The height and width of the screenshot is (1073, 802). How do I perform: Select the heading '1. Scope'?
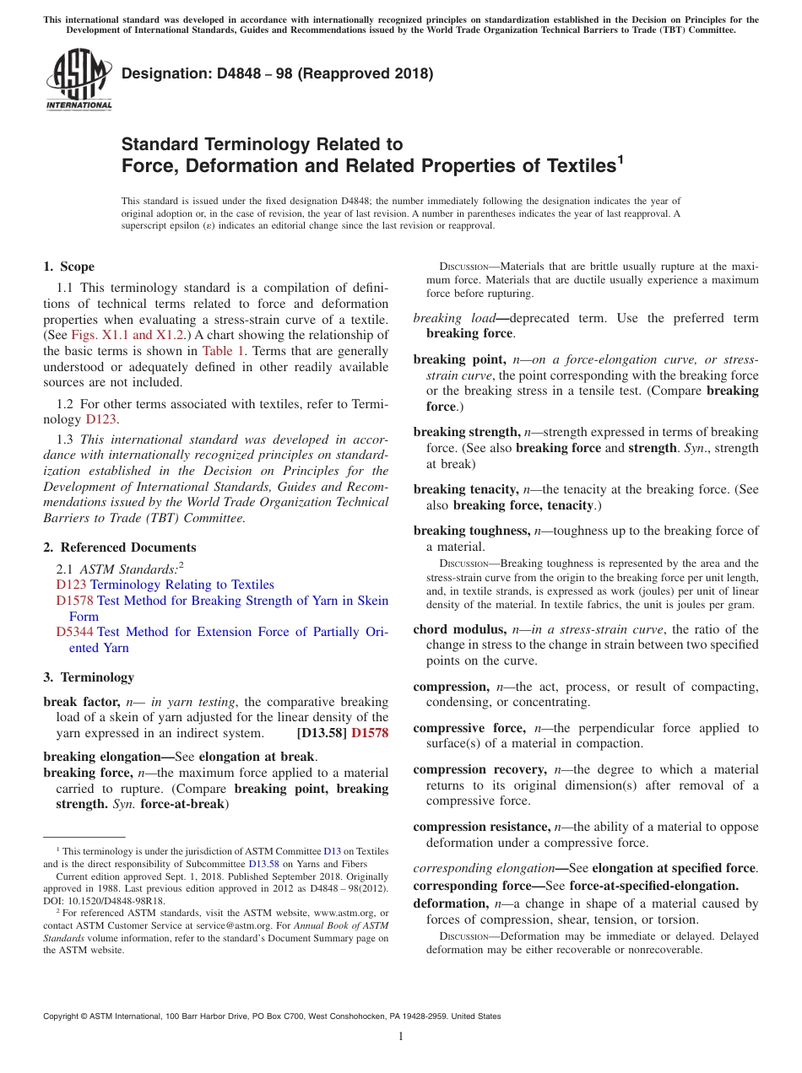coord(68,267)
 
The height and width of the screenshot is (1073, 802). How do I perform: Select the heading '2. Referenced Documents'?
coord(119,547)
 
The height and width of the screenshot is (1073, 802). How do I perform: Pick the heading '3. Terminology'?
coord(88,677)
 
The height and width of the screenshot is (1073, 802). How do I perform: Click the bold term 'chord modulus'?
coord(459,629)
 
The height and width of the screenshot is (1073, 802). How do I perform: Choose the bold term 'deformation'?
coord(447,903)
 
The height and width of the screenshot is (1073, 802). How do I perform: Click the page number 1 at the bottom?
coord(401,1037)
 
